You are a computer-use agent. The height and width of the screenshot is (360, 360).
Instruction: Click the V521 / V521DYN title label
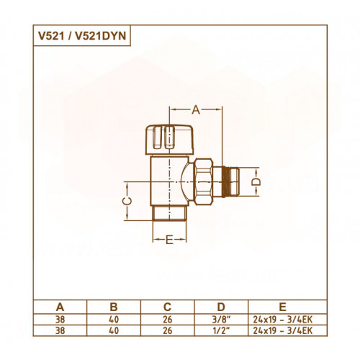(x=82, y=36)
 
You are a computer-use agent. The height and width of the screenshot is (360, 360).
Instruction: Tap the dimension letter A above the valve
(x=196, y=110)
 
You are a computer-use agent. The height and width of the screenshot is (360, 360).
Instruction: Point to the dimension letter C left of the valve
(x=127, y=201)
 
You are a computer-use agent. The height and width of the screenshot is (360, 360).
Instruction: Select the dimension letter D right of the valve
(x=256, y=181)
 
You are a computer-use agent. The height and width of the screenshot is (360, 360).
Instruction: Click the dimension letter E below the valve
(x=169, y=240)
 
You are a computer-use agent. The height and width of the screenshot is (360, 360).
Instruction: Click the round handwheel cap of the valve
(x=170, y=140)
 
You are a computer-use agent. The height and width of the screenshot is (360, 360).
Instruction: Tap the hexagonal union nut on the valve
(x=203, y=181)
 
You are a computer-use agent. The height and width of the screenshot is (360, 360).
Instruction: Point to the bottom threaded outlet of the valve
(x=170, y=213)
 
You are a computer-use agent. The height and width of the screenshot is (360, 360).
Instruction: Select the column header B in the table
(x=114, y=307)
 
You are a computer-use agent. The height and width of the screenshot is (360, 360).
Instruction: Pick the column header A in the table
(x=60, y=307)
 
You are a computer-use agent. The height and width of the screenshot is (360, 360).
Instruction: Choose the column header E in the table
(x=283, y=307)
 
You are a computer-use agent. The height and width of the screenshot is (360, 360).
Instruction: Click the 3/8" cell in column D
(x=221, y=320)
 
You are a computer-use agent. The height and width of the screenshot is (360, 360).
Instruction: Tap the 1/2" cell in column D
(x=221, y=330)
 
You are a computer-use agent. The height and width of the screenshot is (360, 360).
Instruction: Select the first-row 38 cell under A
(x=60, y=320)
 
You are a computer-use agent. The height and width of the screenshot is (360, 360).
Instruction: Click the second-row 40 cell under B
(x=114, y=330)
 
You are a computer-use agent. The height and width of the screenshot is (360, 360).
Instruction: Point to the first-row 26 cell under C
(x=167, y=320)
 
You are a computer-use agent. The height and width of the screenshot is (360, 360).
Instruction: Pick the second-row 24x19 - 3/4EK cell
(x=283, y=330)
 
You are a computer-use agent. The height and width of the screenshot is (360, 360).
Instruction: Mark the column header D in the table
(x=221, y=307)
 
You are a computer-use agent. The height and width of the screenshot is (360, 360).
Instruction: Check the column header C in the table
(x=167, y=307)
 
